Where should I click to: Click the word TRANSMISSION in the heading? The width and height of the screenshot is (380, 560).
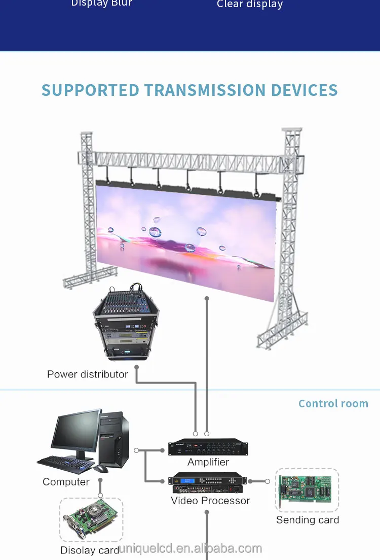pos(205,90)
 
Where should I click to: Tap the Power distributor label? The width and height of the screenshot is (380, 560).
pos(88,374)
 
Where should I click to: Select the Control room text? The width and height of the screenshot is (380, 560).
pos(333,404)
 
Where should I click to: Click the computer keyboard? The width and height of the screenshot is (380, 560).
pos(65,463)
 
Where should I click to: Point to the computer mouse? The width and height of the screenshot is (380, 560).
pos(101,469)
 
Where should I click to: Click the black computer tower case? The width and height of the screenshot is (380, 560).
pos(115,439)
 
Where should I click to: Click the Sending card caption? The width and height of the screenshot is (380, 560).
pos(308,520)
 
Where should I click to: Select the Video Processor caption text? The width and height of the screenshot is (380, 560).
pos(210,501)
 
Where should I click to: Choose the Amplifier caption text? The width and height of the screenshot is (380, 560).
pos(208,462)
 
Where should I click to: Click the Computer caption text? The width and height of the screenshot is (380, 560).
pos(66,482)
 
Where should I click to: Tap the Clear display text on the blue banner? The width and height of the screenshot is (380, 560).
pos(249,5)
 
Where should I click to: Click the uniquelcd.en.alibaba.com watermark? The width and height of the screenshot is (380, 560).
pos(190,548)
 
